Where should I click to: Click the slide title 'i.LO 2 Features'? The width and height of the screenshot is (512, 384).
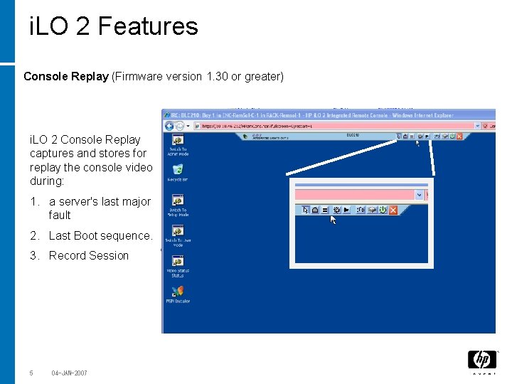[114, 26]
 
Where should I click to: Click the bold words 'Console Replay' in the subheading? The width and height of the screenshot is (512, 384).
[65, 76]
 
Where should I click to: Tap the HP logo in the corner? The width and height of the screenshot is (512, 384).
[481, 360]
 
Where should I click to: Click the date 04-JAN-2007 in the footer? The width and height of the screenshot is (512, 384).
[69, 373]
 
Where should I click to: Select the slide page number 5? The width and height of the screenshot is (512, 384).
[31, 373]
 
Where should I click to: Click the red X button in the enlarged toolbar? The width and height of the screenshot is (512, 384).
[393, 210]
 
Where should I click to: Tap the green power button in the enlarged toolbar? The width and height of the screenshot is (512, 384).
[382, 210]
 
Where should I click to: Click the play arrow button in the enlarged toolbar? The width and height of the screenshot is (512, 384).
[346, 210]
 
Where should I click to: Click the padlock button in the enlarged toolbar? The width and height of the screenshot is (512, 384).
[316, 210]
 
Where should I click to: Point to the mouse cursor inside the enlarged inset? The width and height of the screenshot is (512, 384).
[333, 220]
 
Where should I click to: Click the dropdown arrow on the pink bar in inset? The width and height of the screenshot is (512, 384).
[419, 195]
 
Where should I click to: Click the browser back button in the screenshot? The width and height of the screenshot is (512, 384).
[169, 125]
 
